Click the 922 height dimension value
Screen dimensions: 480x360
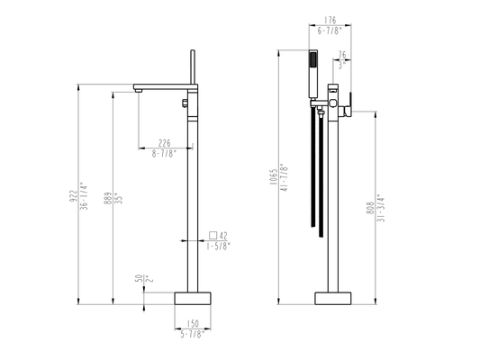[74, 196]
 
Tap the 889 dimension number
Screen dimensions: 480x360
[108, 198]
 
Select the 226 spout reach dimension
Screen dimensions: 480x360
[165, 143]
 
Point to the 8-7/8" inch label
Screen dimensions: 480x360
[165, 154]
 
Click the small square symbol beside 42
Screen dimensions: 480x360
[213, 235]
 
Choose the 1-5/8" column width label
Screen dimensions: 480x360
[218, 247]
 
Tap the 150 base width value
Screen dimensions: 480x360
[193, 323]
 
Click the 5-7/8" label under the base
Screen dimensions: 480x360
[192, 334]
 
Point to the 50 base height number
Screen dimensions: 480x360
[139, 278]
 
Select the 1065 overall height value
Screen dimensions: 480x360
[274, 176]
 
